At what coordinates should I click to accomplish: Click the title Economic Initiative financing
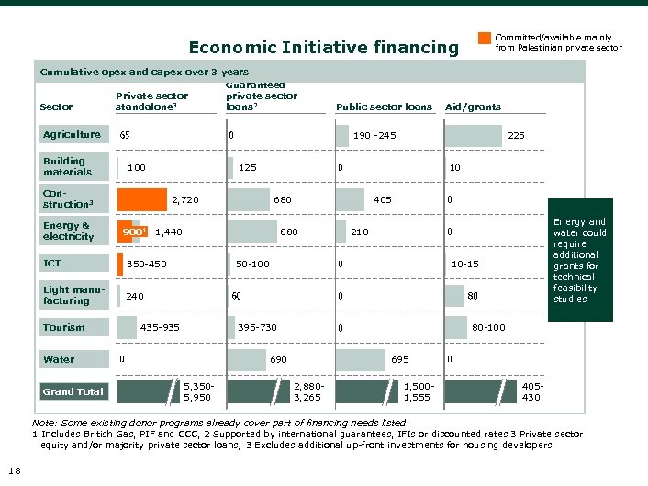pos(322,47)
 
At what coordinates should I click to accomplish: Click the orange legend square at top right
pos(485,39)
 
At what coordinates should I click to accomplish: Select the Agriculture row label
pos(73,135)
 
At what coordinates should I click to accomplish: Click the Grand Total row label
pos(73,391)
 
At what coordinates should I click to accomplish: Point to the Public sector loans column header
pos(384,107)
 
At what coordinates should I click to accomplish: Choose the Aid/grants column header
pos(473,107)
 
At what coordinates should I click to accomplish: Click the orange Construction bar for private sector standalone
pos(141,199)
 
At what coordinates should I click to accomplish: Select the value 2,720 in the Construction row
pos(184,199)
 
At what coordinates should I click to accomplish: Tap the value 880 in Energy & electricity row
pos(288,232)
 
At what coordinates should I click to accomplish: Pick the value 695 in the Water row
pos(400,359)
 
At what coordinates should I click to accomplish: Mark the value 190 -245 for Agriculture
pos(374,135)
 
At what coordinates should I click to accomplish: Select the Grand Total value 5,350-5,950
pos(197,392)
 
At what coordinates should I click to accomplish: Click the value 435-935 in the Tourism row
pos(159,327)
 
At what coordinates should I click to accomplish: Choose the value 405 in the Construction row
pos(382,199)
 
